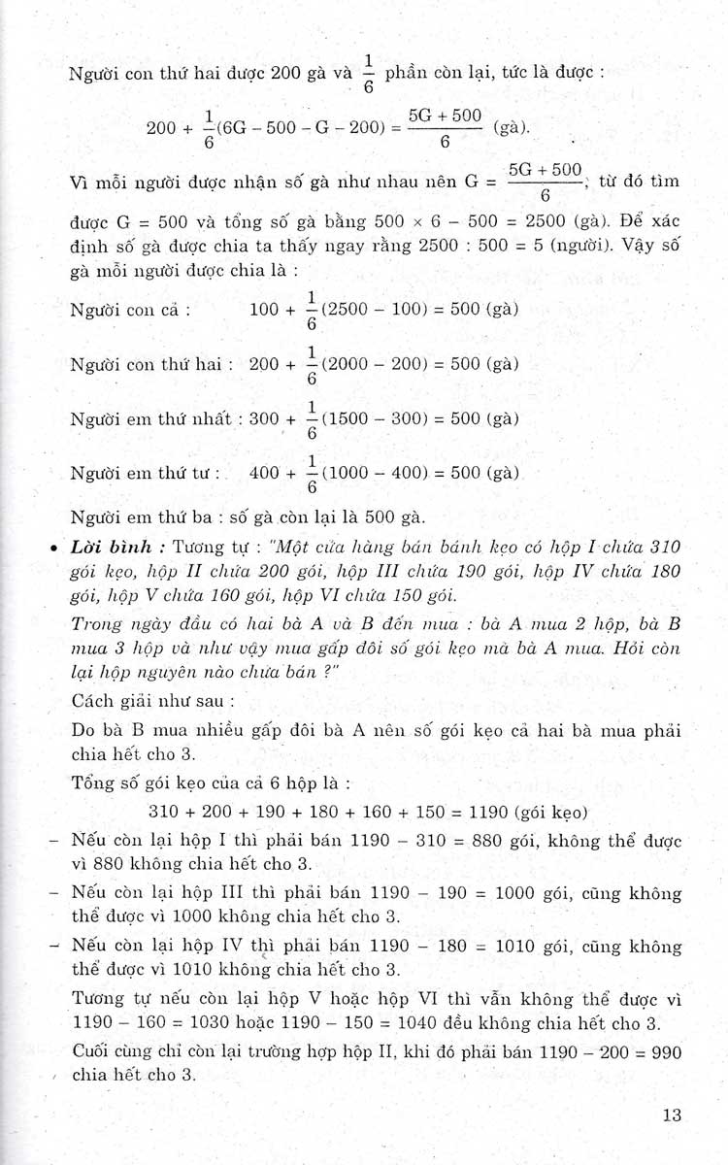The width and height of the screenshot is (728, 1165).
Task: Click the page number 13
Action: pos(673,1115)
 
